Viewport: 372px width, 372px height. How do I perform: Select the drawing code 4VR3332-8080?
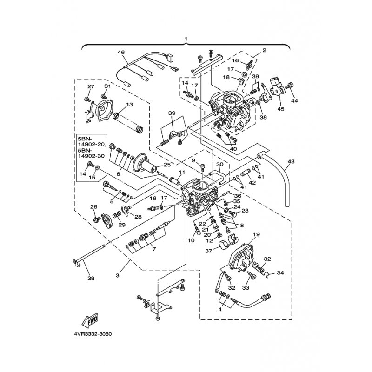tap(93, 334)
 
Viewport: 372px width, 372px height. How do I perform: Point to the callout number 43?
tap(291, 161)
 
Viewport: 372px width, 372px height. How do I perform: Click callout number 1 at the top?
tap(186, 39)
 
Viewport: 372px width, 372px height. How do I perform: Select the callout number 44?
tap(294, 101)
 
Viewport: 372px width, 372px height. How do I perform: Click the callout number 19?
tap(256, 234)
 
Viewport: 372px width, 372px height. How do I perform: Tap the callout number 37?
tap(209, 251)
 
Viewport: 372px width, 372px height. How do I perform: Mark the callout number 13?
tap(129, 105)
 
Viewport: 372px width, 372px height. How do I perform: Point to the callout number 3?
tap(118, 275)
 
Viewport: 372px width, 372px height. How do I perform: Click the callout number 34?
tap(280, 273)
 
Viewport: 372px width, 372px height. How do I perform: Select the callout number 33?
tap(246, 288)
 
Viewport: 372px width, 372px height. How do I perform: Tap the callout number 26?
tap(94, 207)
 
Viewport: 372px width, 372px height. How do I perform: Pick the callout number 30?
tap(220, 164)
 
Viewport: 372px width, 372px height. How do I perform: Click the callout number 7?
tap(154, 249)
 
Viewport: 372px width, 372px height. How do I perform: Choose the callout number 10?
tap(191, 240)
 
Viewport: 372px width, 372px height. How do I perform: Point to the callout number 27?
tap(91, 86)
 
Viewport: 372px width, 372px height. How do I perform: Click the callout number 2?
tap(264, 50)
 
